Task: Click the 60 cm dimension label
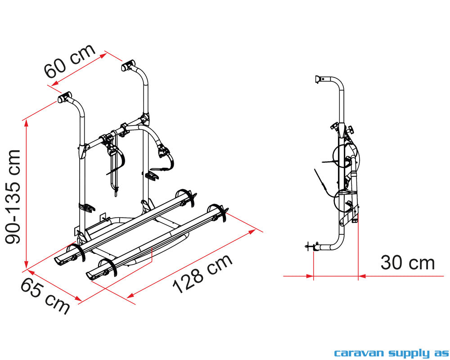click(x=70, y=61)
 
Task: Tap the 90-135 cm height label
click(x=13, y=197)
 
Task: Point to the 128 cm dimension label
click(x=202, y=274)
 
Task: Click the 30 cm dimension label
click(x=408, y=263)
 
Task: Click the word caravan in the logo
click(x=359, y=353)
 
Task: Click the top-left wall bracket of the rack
click(x=64, y=97)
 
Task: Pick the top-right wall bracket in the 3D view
click(x=128, y=66)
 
